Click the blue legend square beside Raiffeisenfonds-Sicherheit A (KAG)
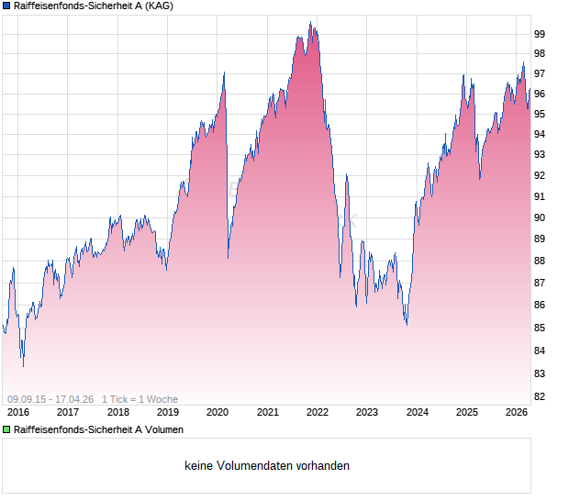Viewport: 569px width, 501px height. (6, 6)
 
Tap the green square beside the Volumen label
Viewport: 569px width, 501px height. (6, 429)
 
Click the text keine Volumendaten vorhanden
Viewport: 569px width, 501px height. (267, 466)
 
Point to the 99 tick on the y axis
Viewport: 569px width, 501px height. (540, 34)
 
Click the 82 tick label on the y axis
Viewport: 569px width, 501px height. (540, 396)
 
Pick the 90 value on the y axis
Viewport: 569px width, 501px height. (540, 218)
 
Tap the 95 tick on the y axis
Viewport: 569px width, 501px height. (540, 115)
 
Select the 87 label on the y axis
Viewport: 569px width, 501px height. (540, 284)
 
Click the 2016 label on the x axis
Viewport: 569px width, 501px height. (17, 413)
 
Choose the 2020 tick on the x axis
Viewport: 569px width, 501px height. (217, 413)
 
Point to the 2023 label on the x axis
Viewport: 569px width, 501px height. (366, 413)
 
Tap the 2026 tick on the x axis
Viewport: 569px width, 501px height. (517, 413)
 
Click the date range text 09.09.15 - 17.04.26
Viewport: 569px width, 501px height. (50, 399)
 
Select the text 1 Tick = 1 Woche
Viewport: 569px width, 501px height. (139, 399)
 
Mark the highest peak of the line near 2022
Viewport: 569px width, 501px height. (311, 23)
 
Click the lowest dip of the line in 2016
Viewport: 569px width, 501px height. (23, 366)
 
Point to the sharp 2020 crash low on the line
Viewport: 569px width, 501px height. (228, 258)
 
